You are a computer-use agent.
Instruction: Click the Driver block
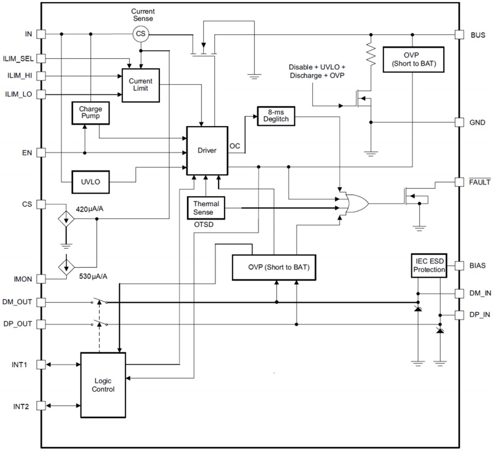point(207,151)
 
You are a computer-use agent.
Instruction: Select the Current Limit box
point(141,85)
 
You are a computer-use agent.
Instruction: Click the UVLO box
point(90,182)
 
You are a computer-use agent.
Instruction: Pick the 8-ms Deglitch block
point(273,116)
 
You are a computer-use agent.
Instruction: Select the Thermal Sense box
point(206,208)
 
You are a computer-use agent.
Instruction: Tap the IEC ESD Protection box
point(429,266)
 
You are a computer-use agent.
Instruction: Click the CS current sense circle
point(141,33)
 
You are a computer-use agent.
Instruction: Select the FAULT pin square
point(459,182)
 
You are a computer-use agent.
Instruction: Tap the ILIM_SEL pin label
point(18,58)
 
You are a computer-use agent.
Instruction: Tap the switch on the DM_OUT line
point(100,301)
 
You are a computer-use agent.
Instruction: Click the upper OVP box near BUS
point(413,59)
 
